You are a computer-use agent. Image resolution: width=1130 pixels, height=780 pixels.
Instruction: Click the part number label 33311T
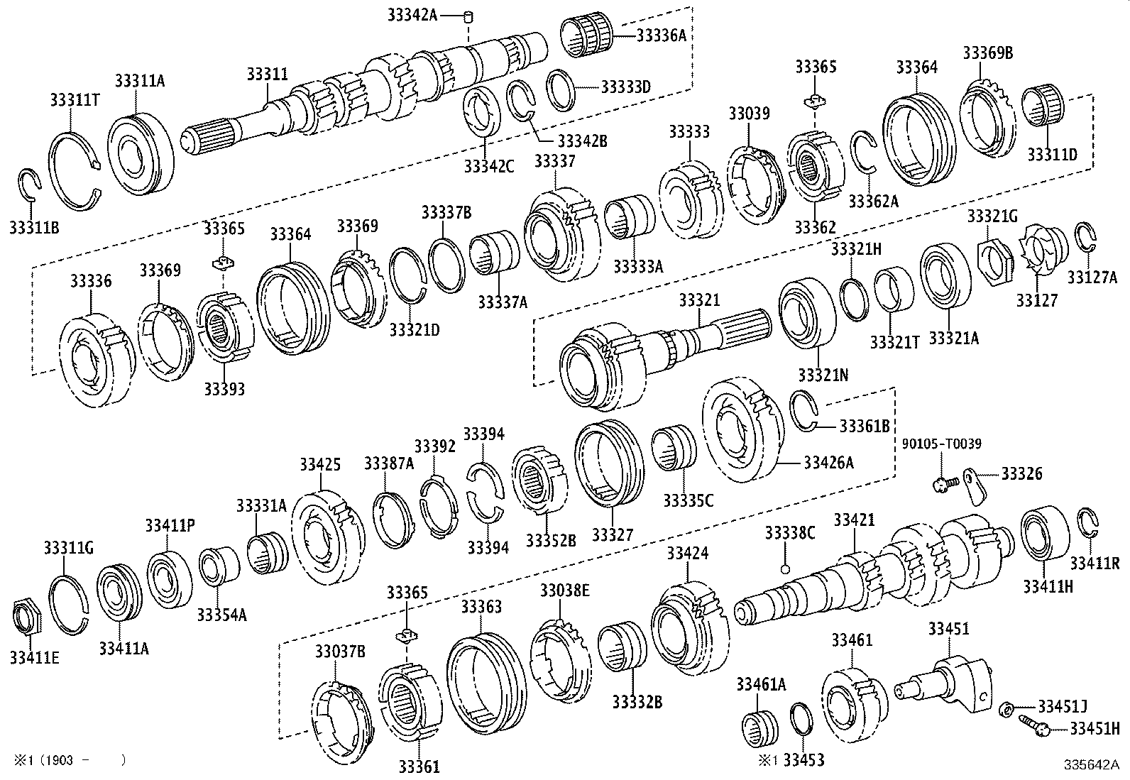pyautogui.click(x=74, y=99)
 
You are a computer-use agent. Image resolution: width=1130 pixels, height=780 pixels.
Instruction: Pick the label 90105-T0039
pyautogui.click(x=941, y=444)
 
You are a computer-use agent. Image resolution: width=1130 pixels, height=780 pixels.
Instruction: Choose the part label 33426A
pyautogui.click(x=828, y=463)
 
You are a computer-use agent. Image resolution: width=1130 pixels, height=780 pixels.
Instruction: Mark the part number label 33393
pyautogui.click(x=224, y=389)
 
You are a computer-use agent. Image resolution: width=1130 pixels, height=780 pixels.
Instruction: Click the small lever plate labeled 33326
pyautogui.click(x=975, y=486)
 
